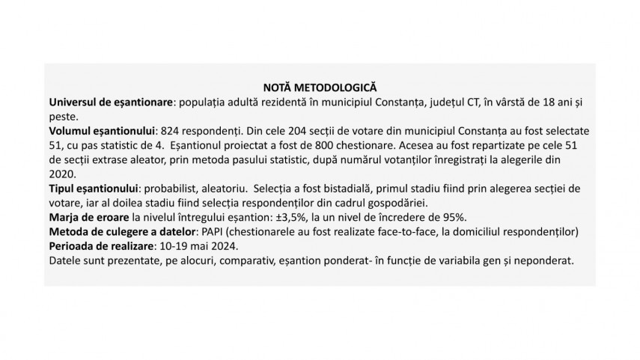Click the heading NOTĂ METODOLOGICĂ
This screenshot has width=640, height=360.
[x=320, y=88]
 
